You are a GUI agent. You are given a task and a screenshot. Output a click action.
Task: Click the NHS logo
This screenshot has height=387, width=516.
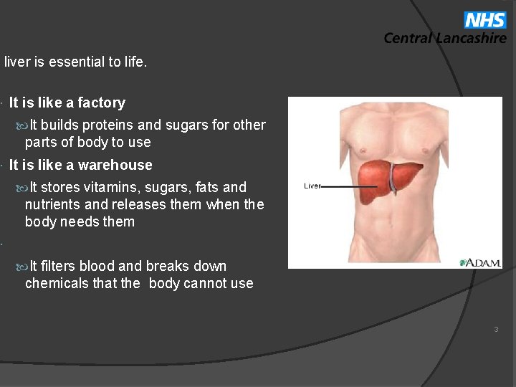click(484, 20)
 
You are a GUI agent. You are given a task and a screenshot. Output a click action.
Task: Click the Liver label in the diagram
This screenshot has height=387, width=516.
click(312, 186)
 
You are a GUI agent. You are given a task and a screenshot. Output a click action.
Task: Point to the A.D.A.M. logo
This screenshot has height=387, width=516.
click(480, 263)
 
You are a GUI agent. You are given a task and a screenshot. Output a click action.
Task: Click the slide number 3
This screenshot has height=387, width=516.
click(495, 330)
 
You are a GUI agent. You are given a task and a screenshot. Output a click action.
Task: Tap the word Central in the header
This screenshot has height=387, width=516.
click(408, 39)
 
